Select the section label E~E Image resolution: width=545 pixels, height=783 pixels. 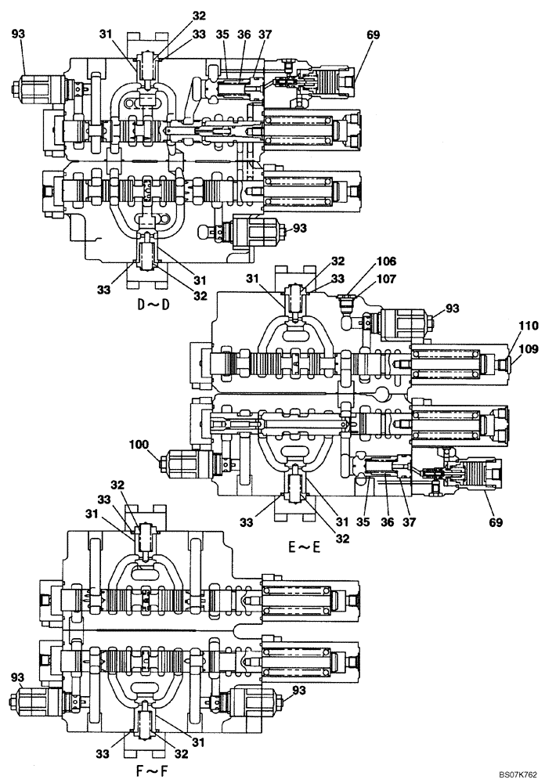(304, 548)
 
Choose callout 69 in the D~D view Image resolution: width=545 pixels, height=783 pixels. (373, 34)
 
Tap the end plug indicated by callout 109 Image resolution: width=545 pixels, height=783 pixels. (495, 363)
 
